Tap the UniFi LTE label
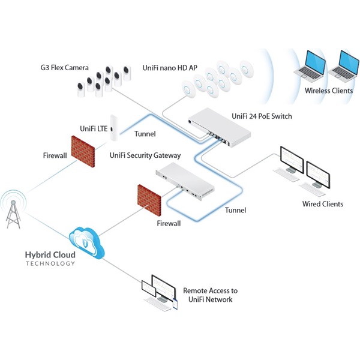pyautogui.click(x=92, y=128)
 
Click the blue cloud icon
pyautogui.click(x=88, y=242)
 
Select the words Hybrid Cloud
pyautogui.click(x=50, y=254)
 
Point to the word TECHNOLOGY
pyautogui.click(x=50, y=263)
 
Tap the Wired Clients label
pyautogui.click(x=323, y=204)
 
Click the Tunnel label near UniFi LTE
pyautogui.click(x=146, y=134)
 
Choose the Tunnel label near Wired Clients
pyautogui.click(x=235, y=211)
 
